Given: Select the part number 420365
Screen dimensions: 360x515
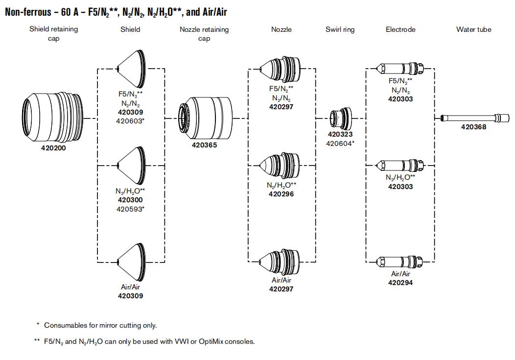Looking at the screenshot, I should [204, 145].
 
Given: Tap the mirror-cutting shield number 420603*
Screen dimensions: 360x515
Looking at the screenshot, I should [130, 120].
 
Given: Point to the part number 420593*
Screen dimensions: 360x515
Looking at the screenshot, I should [130, 209].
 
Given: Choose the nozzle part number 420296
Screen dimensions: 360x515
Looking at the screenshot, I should [281, 194].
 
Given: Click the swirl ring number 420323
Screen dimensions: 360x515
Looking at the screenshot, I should [340, 134].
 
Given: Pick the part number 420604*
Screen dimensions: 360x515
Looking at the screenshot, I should [340, 143].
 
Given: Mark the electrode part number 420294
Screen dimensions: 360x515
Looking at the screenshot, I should [400, 283].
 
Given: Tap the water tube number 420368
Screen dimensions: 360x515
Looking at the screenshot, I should [474, 127].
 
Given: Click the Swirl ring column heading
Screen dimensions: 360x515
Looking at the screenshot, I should [340, 29].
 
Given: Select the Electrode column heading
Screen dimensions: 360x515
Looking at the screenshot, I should [400, 29].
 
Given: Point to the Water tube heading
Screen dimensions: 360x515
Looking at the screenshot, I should [473, 29].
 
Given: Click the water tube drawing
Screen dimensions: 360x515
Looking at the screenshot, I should [473, 118].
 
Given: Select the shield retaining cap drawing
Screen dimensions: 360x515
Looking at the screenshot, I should [53, 114].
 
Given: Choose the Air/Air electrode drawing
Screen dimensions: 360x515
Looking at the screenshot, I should [400, 261].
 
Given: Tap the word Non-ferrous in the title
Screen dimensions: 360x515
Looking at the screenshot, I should [27, 12].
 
